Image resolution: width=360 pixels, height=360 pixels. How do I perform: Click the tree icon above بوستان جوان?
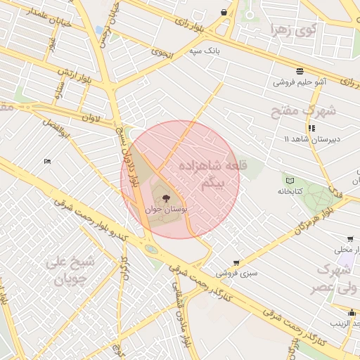tap(166, 198)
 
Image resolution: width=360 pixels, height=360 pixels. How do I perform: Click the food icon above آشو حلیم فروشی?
tap(300, 71)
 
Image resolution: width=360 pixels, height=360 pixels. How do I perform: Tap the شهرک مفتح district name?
tap(304, 110)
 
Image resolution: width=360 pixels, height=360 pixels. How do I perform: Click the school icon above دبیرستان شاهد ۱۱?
tap(311, 128)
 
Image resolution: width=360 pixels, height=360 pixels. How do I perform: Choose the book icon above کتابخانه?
tap(290, 180)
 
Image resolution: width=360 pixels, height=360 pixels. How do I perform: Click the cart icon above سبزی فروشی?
tap(236, 262)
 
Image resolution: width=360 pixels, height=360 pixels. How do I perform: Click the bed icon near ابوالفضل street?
tap(47, 162)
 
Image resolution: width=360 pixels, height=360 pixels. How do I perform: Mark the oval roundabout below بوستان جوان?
tap(151, 248)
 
